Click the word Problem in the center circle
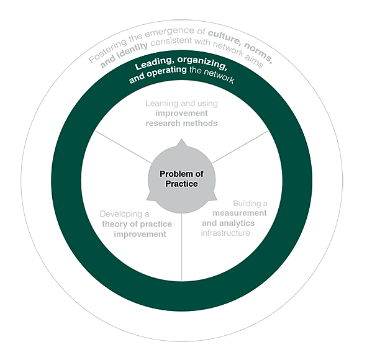[x=173, y=174]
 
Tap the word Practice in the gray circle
[x=181, y=184]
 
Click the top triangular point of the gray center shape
[x=181, y=140]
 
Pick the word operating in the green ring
[x=166, y=71]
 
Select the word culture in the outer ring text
[x=224, y=37]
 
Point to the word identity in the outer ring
[x=132, y=50]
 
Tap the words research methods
[x=181, y=124]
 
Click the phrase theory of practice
[x=137, y=224]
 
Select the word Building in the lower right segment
[x=247, y=204]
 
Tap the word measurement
[x=240, y=213]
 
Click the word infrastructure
[x=225, y=233]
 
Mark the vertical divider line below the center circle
[x=182, y=247]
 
